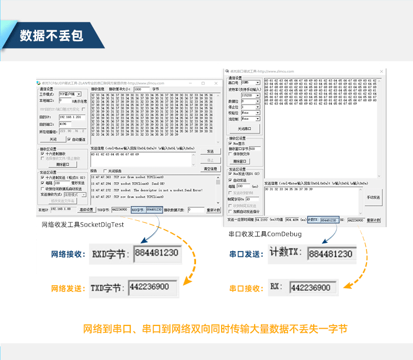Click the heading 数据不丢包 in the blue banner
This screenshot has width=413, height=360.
(x=51, y=36)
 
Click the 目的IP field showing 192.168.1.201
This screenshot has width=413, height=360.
(x=72, y=117)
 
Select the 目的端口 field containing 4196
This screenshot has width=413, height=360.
(x=72, y=124)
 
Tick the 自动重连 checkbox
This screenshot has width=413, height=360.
(x=69, y=139)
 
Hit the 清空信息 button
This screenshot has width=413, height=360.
(x=210, y=169)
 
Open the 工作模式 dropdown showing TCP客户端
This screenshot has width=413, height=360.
(x=72, y=94)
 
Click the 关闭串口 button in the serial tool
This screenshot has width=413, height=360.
(x=245, y=128)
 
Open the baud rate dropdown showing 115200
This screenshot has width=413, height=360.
(x=250, y=95)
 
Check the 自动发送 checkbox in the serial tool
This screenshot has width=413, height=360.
(x=231, y=179)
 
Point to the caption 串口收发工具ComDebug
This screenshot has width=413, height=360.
(x=265, y=234)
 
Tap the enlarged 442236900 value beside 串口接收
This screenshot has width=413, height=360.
(x=311, y=288)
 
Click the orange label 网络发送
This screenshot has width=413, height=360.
(x=68, y=288)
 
